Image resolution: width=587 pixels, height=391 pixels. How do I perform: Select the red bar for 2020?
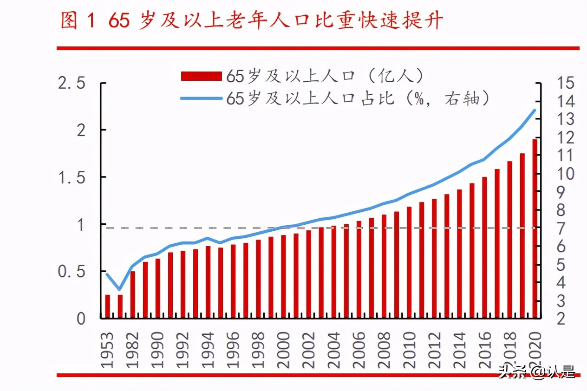535,228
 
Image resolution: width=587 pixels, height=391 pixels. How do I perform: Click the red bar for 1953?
108,306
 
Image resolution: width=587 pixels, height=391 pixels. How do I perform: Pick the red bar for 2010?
409,262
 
